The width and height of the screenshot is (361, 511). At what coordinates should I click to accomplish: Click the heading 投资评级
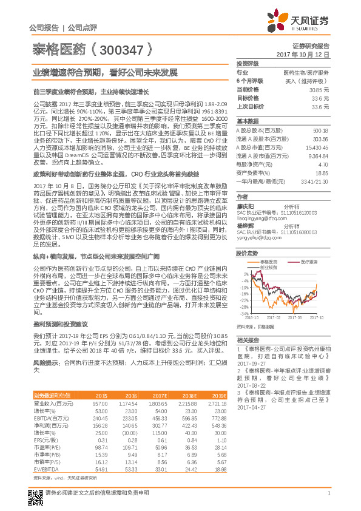tap(248, 64)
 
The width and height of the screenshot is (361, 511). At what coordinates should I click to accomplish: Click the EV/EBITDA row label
tap(44, 469)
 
